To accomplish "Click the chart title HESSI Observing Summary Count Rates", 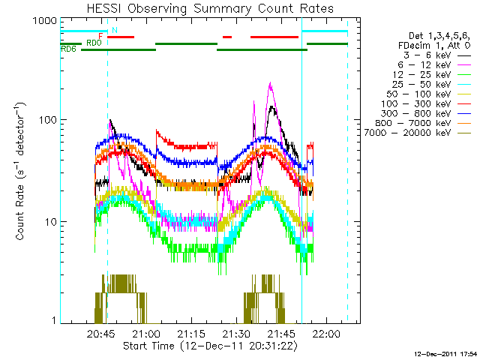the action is point(210,8).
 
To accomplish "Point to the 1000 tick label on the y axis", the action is point(45,21).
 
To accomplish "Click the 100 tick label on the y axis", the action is point(48,120).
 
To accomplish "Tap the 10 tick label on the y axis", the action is point(51,222).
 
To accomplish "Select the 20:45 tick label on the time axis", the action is point(101,333).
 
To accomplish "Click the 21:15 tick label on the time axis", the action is point(191,333).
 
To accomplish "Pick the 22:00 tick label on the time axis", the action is point(326,333).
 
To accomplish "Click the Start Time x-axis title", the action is point(210,346).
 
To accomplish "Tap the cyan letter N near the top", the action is point(115,30).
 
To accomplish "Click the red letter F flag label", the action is point(100,37).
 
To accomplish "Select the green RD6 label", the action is point(68,49).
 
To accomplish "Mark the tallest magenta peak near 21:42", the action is point(270,82).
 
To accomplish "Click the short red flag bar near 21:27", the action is point(227,37).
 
